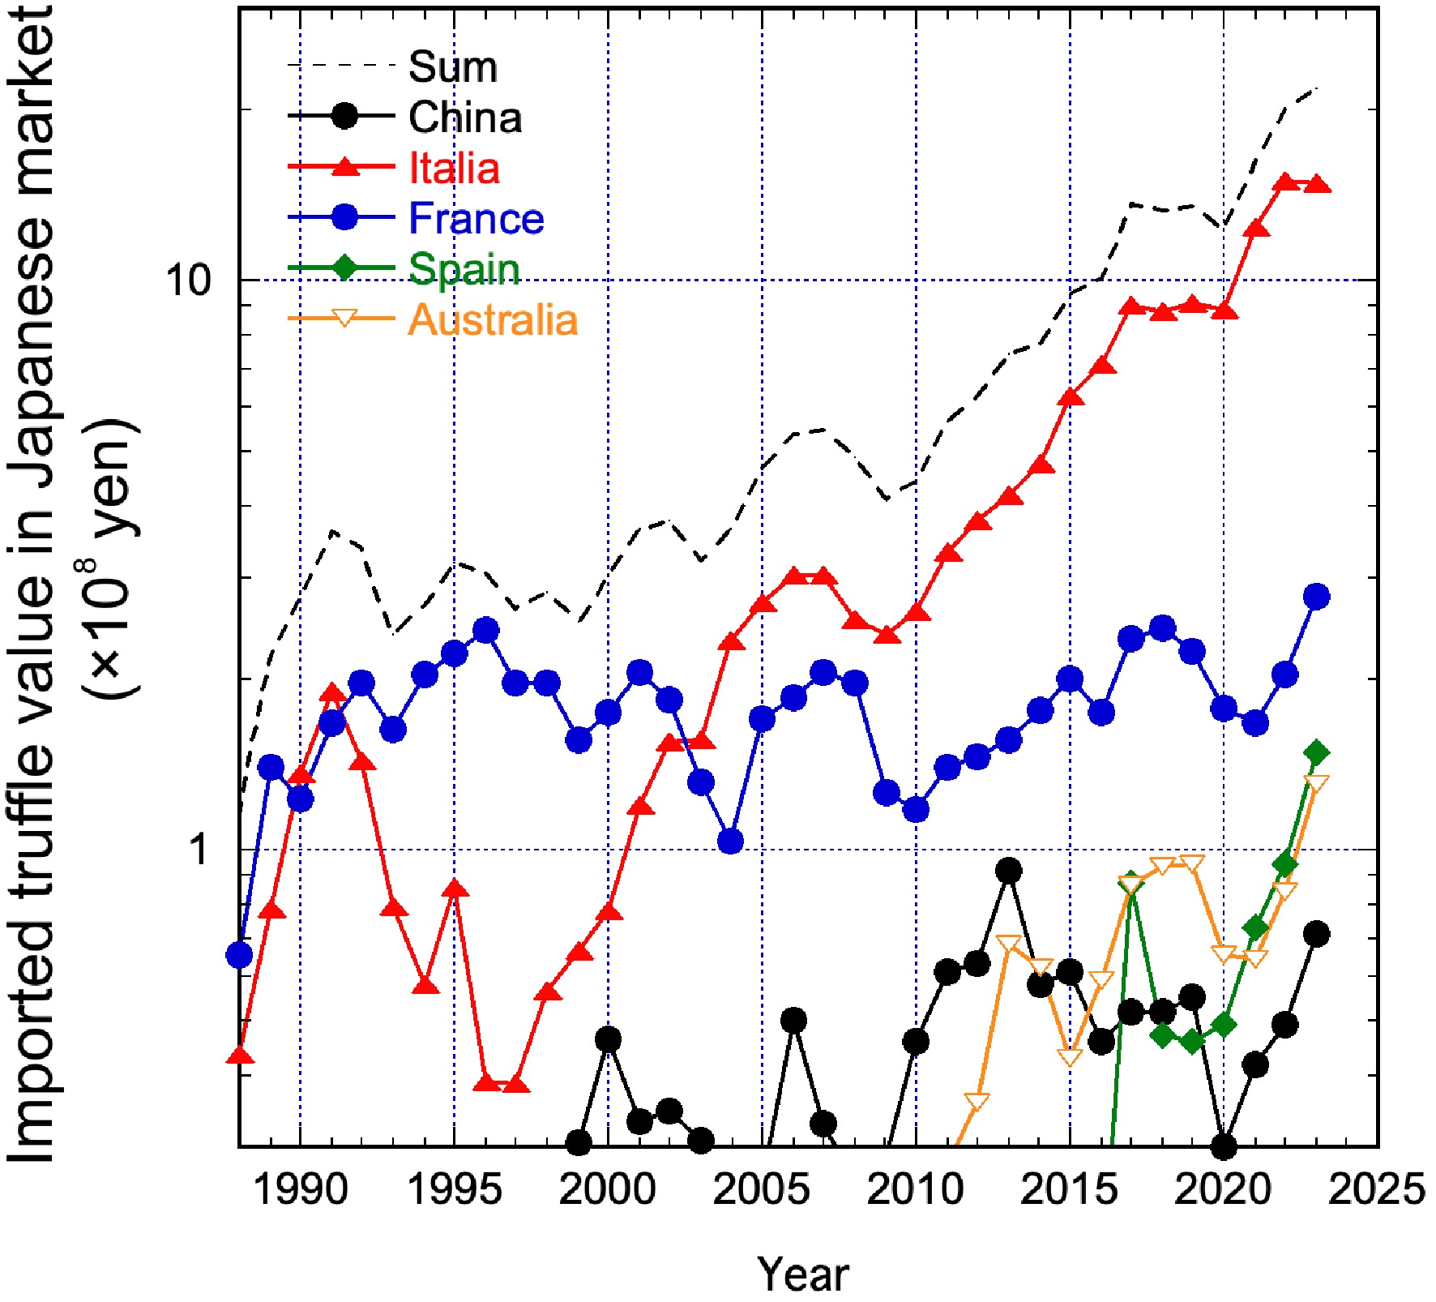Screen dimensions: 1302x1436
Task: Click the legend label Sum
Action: tap(452, 66)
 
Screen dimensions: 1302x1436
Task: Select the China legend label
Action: tap(465, 118)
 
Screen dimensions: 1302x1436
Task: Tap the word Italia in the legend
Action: tap(454, 169)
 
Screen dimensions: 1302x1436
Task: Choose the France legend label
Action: tap(476, 219)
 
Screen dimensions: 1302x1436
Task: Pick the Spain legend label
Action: tap(464, 269)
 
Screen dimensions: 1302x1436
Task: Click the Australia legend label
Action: tap(493, 320)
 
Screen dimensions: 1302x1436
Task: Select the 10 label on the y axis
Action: tap(188, 281)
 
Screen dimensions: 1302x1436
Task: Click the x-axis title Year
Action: tap(802, 1274)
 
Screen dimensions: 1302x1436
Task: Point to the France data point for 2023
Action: tap(1317, 597)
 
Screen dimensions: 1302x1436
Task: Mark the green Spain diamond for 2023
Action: tap(1317, 753)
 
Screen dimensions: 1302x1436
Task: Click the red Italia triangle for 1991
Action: tap(331, 692)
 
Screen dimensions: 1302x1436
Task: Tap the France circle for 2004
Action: tap(731, 842)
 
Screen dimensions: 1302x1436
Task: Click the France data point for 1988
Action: tap(239, 956)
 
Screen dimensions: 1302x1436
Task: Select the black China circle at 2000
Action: tap(609, 1039)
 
